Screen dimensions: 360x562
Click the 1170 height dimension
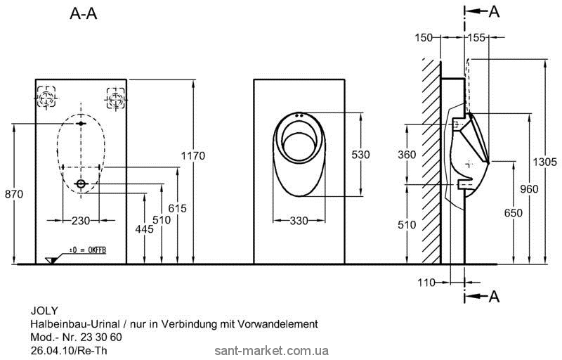pyautogui.click(x=194, y=155)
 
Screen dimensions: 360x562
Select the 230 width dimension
pyautogui.click(x=81, y=221)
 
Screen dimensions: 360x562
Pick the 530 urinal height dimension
pyautogui.click(x=360, y=155)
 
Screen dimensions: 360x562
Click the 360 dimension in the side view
pyautogui.click(x=407, y=155)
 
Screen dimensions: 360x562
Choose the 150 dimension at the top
pyautogui.click(x=424, y=37)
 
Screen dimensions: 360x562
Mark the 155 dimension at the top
pyautogui.click(x=478, y=37)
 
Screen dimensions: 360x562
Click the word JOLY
pyautogui.click(x=41, y=309)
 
